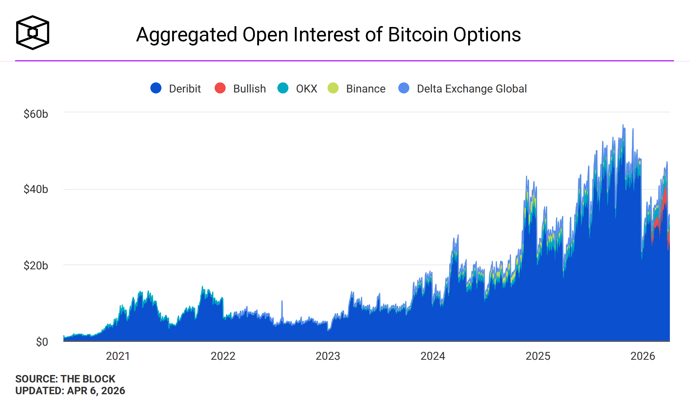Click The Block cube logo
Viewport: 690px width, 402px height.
32,32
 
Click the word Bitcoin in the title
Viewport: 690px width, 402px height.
418,35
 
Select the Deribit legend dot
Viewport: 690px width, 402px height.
156,88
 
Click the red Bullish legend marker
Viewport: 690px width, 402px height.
220,88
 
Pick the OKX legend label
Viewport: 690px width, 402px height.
306,89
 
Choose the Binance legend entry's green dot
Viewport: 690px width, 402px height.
333,88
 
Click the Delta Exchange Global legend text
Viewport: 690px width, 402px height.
472,89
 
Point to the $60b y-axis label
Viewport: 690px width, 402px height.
36,114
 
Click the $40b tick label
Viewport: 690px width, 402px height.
36,189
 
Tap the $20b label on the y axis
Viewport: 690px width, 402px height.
36,266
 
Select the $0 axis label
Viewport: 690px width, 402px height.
42,342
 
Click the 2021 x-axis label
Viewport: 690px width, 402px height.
118,356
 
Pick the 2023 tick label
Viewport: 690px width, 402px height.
328,356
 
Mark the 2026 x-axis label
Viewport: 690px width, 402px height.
643,356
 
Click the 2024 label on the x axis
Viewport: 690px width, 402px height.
433,356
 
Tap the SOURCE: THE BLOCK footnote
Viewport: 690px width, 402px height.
65,379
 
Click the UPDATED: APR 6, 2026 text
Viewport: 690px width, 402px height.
70,391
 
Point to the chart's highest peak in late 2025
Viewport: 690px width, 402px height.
623,125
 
